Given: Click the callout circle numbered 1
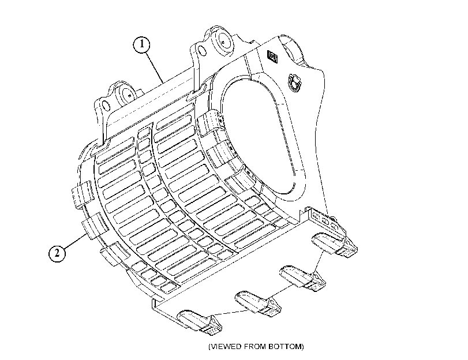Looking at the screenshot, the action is [x=142, y=44].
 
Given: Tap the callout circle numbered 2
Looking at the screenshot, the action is [x=57, y=253].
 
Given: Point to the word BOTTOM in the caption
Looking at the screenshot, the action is [x=285, y=347].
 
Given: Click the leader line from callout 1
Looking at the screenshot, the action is [x=154, y=67].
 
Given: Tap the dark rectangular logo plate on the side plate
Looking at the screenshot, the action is [x=272, y=57].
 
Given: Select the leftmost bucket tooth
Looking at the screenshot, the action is [x=200, y=321].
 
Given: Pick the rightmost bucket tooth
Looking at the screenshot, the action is [x=334, y=244].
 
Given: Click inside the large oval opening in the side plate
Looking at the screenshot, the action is [x=263, y=134].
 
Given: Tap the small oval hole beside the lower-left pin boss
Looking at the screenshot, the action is [x=105, y=105].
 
